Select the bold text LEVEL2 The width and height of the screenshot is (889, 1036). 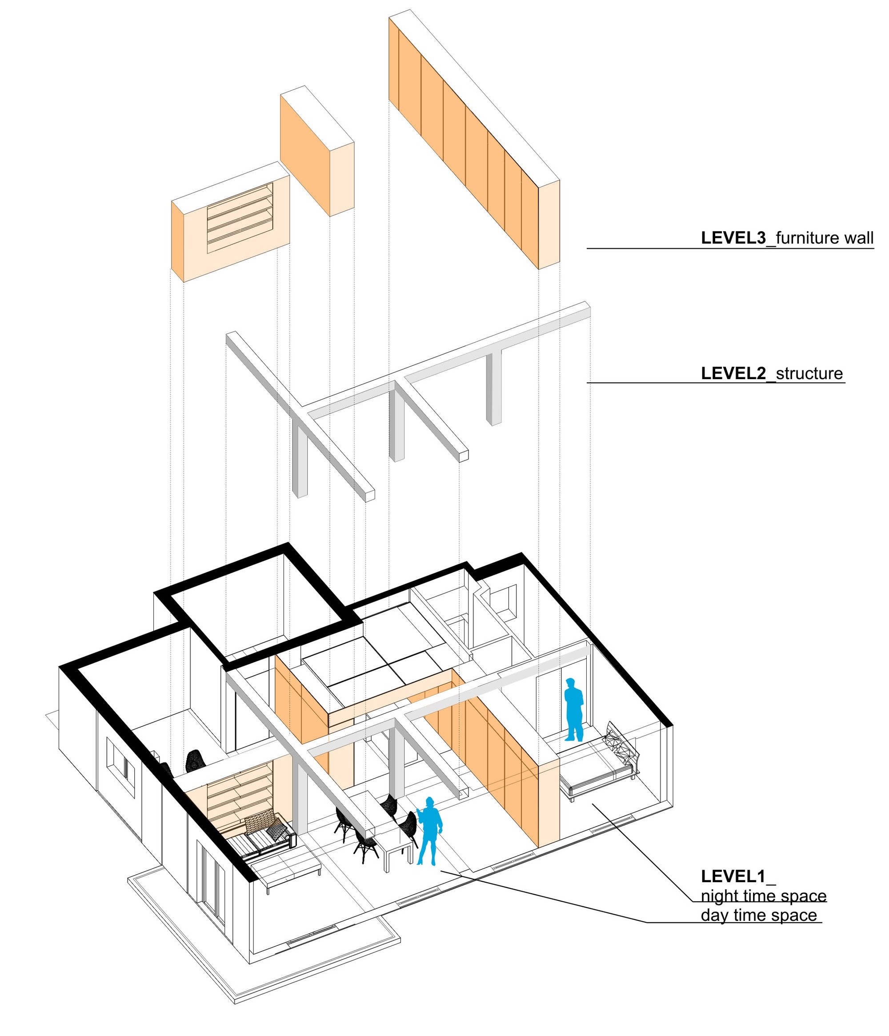point(733,373)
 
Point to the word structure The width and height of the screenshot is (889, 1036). point(809,373)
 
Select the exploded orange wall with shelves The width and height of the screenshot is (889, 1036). point(231,222)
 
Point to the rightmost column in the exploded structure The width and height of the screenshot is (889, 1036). point(494,387)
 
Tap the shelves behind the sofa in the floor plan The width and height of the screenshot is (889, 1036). point(239,791)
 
